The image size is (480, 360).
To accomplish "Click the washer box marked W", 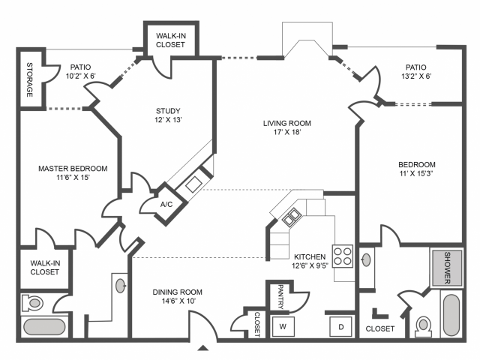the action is [283, 326].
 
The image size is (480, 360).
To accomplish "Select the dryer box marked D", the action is [341, 326].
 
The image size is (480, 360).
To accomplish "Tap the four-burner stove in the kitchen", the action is [343, 256].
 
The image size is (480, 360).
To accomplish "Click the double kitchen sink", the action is [291, 217].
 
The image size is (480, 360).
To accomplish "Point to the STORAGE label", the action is [30, 80].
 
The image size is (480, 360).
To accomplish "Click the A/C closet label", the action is [166, 204].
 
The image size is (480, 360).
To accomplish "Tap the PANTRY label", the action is [280, 297].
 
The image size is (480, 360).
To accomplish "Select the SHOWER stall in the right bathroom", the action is [447, 268].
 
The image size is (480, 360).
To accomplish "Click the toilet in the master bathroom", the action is [32, 303].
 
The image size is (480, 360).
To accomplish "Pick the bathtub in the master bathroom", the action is [44, 327].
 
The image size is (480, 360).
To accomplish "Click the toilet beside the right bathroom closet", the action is [423, 325].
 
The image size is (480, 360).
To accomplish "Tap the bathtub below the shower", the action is [451, 315].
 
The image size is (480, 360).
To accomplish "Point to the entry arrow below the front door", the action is [202, 348].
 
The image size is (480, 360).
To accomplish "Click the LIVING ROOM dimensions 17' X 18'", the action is [287, 132].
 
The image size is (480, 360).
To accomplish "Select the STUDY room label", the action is [168, 111].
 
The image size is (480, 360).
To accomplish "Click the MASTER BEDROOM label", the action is [73, 168].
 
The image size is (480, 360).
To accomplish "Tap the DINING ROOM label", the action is [178, 292].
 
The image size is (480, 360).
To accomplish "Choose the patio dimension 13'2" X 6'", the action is [416, 76].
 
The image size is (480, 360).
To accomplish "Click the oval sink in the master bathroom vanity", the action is [121, 286].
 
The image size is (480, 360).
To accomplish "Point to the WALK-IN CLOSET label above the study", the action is [171, 40].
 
